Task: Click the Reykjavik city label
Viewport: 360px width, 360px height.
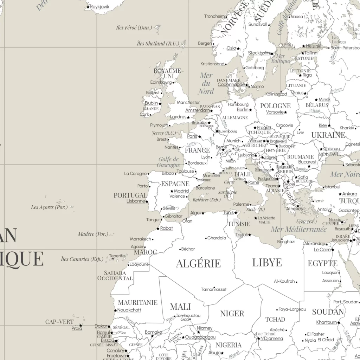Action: (x=99, y=7)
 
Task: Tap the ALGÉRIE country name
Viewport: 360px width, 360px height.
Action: (x=198, y=263)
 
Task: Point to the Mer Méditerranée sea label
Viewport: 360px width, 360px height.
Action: (x=298, y=230)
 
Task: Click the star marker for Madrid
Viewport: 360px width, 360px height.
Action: (x=172, y=191)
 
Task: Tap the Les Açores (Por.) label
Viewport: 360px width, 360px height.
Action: (x=49, y=207)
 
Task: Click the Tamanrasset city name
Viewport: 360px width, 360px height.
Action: (x=214, y=289)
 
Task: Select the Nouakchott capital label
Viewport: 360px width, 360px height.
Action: (x=129, y=310)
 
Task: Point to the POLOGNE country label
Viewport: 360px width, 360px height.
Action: (x=275, y=106)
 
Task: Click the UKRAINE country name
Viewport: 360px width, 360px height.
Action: (x=328, y=135)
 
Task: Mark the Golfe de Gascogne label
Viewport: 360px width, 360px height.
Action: (x=169, y=162)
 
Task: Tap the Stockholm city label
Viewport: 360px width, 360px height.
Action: (x=259, y=53)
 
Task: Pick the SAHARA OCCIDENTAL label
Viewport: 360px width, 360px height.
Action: (x=115, y=275)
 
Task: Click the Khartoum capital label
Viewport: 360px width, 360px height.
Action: (x=326, y=322)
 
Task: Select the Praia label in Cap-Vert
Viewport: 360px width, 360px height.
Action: (x=77, y=328)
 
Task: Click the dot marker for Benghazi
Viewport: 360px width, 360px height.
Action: (x=282, y=239)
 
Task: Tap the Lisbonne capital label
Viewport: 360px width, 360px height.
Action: (x=136, y=201)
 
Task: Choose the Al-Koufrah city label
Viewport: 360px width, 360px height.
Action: (x=284, y=281)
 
